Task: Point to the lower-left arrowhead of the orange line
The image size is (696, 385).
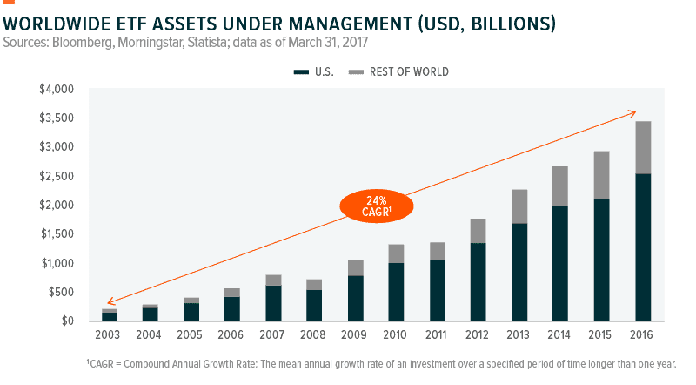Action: (107, 302)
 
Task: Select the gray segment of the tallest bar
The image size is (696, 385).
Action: (644, 147)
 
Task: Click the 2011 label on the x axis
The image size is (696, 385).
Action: (438, 332)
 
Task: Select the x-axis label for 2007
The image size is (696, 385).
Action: (273, 332)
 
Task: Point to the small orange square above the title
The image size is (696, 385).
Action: (9, 3)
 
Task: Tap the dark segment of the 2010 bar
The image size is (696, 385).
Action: (396, 291)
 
